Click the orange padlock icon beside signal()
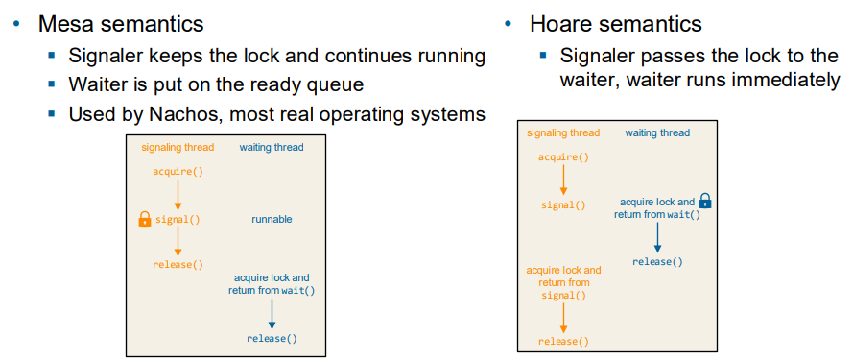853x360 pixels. click(145, 220)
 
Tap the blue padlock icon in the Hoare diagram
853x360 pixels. click(705, 201)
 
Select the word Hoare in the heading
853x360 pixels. click(561, 25)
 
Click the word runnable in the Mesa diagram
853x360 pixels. click(272, 220)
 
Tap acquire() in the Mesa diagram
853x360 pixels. click(178, 172)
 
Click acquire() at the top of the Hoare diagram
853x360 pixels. click(563, 157)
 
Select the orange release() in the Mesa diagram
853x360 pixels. click(178, 265)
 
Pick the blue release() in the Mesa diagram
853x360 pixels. click(272, 338)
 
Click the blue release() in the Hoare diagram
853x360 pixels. click(657, 262)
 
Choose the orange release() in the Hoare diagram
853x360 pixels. click(563, 342)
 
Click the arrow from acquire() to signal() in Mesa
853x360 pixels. click(178, 196)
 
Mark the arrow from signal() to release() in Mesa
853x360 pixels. click(178, 242)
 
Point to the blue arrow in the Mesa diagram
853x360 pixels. click(272, 314)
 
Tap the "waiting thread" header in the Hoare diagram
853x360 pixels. click(657, 132)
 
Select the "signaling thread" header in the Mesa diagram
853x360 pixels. click(178, 147)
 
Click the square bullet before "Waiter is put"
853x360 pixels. click(52, 84)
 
